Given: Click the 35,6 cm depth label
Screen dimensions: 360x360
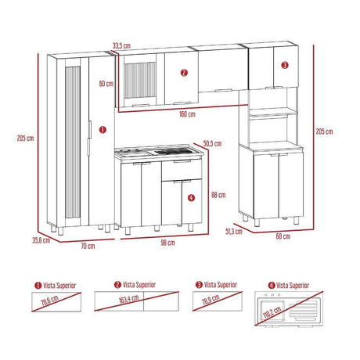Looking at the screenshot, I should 41,240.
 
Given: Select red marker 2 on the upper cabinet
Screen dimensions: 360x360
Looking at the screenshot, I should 183,73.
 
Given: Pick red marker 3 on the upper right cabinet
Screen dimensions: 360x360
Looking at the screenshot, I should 284,65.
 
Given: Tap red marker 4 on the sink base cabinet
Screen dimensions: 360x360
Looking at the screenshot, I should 192,198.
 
